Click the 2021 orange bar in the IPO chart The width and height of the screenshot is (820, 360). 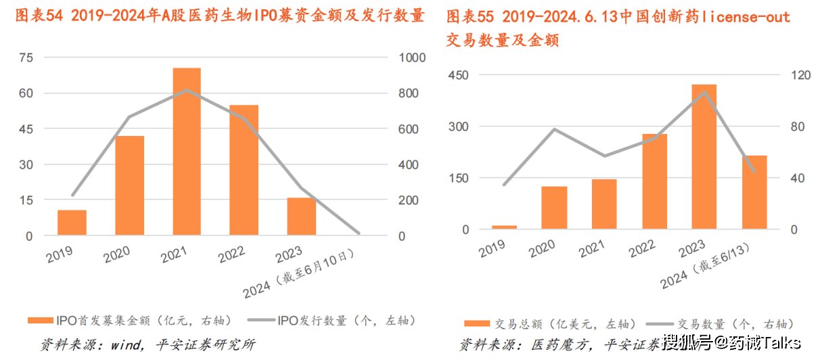187,152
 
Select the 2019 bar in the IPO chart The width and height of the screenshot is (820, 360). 72,223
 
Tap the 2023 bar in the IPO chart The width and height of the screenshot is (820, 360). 302,217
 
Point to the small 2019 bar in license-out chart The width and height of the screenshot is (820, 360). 504,227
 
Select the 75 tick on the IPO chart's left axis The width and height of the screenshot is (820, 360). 26,58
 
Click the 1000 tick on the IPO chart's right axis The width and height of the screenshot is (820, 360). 411,58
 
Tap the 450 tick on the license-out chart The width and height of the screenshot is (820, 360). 457,75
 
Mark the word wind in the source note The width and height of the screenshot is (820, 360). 120,344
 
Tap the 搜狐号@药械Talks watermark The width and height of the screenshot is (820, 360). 731,343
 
